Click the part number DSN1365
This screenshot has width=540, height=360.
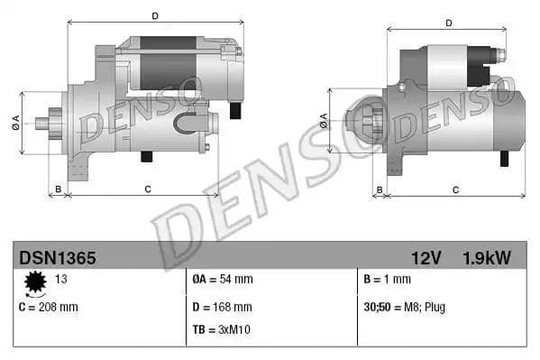57,257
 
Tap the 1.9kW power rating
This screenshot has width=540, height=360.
487,257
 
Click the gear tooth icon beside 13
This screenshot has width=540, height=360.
37,284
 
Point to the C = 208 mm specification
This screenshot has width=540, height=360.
49,307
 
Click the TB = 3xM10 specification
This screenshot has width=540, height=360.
222,329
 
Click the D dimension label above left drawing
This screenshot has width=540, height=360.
155,15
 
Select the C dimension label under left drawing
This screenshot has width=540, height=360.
147,188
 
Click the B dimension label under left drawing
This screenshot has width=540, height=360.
58,189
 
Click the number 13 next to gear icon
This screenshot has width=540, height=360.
62,280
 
